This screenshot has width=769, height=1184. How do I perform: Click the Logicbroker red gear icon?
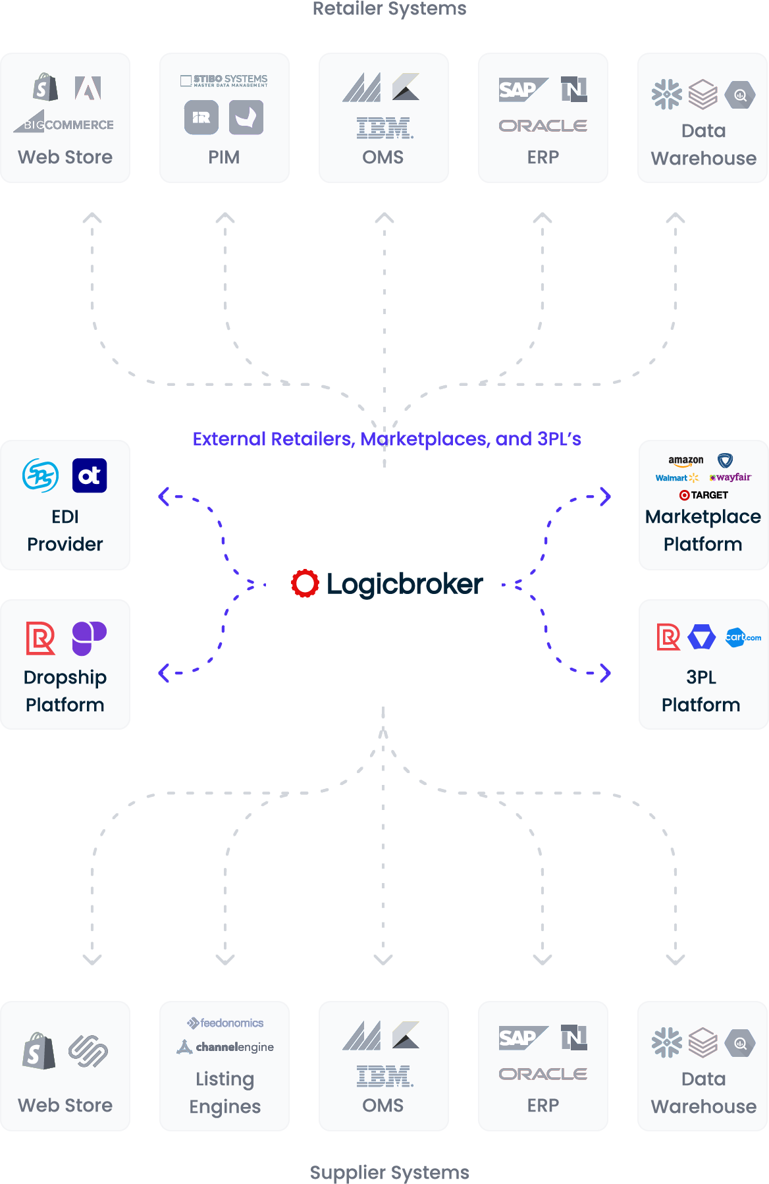click(305, 583)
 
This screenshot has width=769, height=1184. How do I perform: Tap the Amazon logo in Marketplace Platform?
click(685, 461)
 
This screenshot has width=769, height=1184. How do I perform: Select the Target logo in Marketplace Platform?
click(703, 495)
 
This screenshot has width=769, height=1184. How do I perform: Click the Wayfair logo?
click(731, 477)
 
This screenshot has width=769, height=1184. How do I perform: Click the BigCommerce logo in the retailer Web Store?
click(65, 123)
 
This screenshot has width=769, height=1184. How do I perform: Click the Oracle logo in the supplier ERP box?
click(543, 1074)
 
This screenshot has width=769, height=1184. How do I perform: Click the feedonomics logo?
click(225, 1023)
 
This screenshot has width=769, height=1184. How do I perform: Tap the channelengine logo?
click(225, 1047)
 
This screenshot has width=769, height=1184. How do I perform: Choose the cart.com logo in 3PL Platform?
click(743, 637)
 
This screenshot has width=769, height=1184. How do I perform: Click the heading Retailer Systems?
click(389, 9)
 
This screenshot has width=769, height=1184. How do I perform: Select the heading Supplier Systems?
click(389, 1172)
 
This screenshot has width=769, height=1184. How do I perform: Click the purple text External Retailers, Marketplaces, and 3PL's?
click(386, 439)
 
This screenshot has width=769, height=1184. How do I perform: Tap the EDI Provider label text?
click(65, 530)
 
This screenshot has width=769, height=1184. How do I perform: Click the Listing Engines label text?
click(225, 1092)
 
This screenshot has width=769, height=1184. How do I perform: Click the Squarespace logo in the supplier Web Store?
click(88, 1050)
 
